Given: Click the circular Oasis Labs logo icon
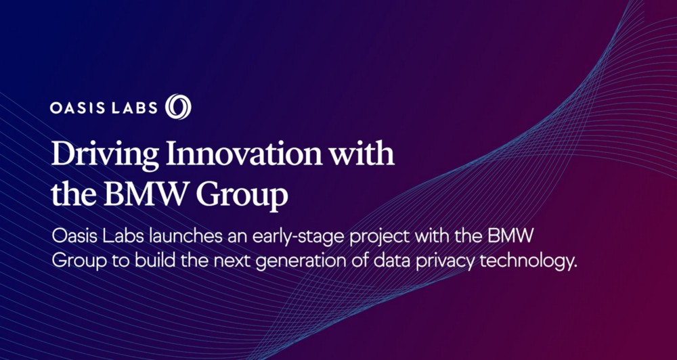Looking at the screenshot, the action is click(x=178, y=107).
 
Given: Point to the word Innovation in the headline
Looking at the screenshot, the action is click(x=244, y=154).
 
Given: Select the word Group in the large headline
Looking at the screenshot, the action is click(x=242, y=197).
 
